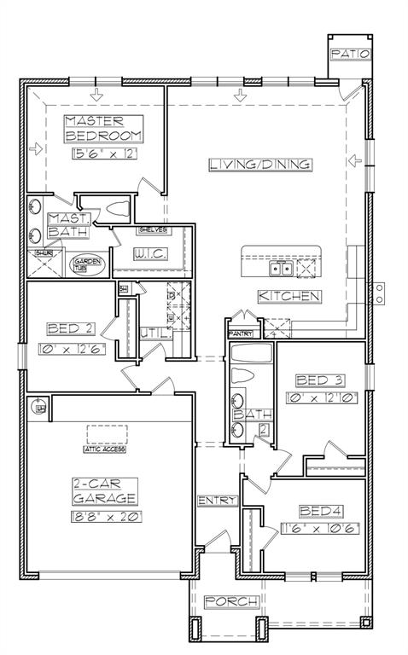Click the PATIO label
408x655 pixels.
(350, 54)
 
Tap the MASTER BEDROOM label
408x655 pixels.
(104, 129)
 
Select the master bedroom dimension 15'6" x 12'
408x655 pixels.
(105, 154)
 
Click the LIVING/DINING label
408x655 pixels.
(259, 165)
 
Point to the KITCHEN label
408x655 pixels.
(289, 296)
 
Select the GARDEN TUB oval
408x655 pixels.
(88, 264)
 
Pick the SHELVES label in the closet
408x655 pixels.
(152, 231)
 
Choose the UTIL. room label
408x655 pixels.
(155, 333)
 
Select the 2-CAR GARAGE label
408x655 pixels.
(105, 491)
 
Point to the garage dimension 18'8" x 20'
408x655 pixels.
(105, 516)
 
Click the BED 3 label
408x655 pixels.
(318, 380)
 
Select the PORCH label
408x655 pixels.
(231, 602)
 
